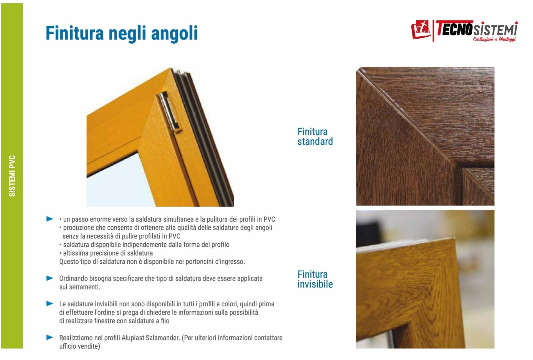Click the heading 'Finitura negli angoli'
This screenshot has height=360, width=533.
[122, 33]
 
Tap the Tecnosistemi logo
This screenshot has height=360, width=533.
[464, 31]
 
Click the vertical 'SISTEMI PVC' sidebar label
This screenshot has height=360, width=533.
[12, 176]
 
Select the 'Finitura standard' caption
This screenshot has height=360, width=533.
[315, 136]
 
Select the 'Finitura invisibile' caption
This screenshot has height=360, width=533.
[315, 279]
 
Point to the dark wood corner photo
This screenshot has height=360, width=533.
[425, 136]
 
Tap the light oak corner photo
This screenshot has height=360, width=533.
[425, 279]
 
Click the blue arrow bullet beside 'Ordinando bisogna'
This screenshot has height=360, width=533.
[50, 278]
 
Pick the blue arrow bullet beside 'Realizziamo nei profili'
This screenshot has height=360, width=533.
[50, 337]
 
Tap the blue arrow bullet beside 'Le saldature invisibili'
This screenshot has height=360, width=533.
[50, 304]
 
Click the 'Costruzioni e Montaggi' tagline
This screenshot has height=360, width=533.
[494, 39]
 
